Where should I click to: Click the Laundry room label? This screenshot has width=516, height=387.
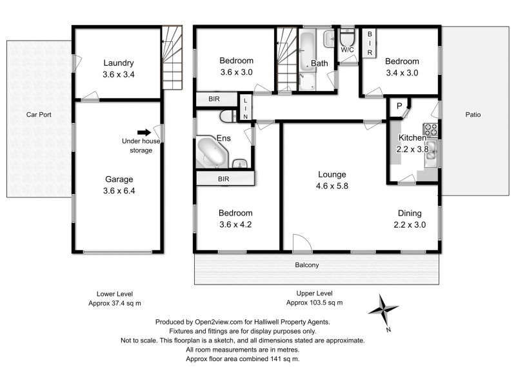click(119, 63)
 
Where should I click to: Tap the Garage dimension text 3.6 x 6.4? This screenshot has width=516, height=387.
click(119, 191)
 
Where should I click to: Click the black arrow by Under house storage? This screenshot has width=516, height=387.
click(144, 133)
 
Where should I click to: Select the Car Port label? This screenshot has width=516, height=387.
click(39, 115)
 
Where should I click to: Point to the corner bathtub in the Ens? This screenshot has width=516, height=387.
click(212, 152)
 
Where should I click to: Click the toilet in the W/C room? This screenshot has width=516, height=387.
click(347, 37)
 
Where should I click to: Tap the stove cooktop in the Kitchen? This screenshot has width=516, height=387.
click(431, 130)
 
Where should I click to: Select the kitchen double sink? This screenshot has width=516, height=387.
click(432, 154)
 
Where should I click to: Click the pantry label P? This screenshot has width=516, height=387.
click(399, 106)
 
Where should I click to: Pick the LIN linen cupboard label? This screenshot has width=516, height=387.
click(246, 108)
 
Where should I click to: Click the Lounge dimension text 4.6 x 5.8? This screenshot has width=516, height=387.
click(332, 186)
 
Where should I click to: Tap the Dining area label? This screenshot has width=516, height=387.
click(410, 213)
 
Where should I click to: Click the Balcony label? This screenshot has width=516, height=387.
click(307, 265)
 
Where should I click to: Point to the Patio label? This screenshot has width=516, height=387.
click(473, 115)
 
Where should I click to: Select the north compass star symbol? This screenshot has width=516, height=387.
click(382, 310)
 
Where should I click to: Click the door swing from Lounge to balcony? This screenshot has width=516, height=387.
click(302, 243)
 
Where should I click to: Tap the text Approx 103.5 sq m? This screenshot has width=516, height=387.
click(314, 303)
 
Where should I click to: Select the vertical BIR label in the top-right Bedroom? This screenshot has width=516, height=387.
click(370, 43)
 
